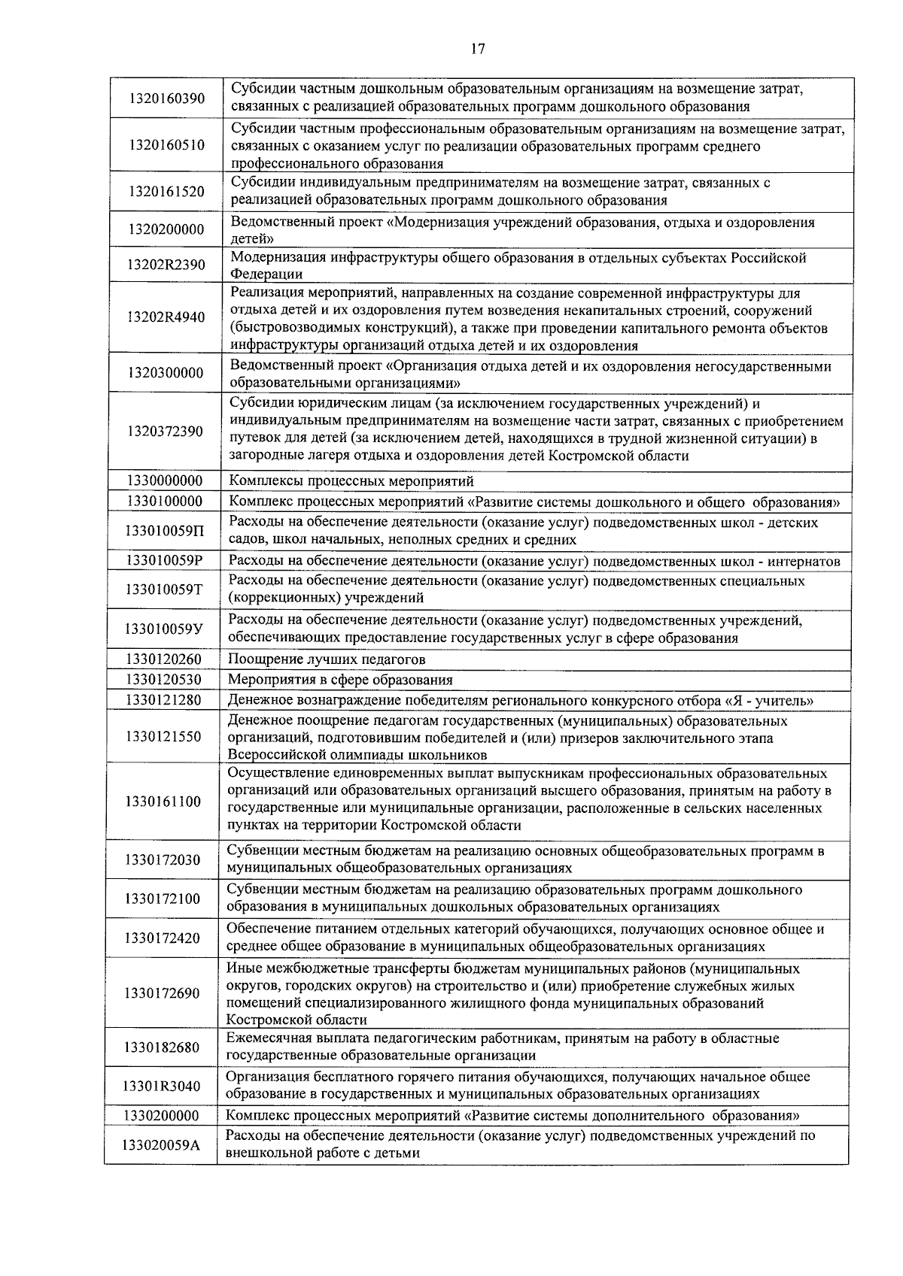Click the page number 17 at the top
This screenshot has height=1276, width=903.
coord(478,50)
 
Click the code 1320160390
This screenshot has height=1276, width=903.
coord(166,99)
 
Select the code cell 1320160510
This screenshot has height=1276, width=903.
coord(166,145)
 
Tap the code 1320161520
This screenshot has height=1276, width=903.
coord(166,192)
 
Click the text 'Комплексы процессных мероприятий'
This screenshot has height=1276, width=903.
coord(351,481)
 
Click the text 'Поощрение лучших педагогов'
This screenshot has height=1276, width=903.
coord(327,659)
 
